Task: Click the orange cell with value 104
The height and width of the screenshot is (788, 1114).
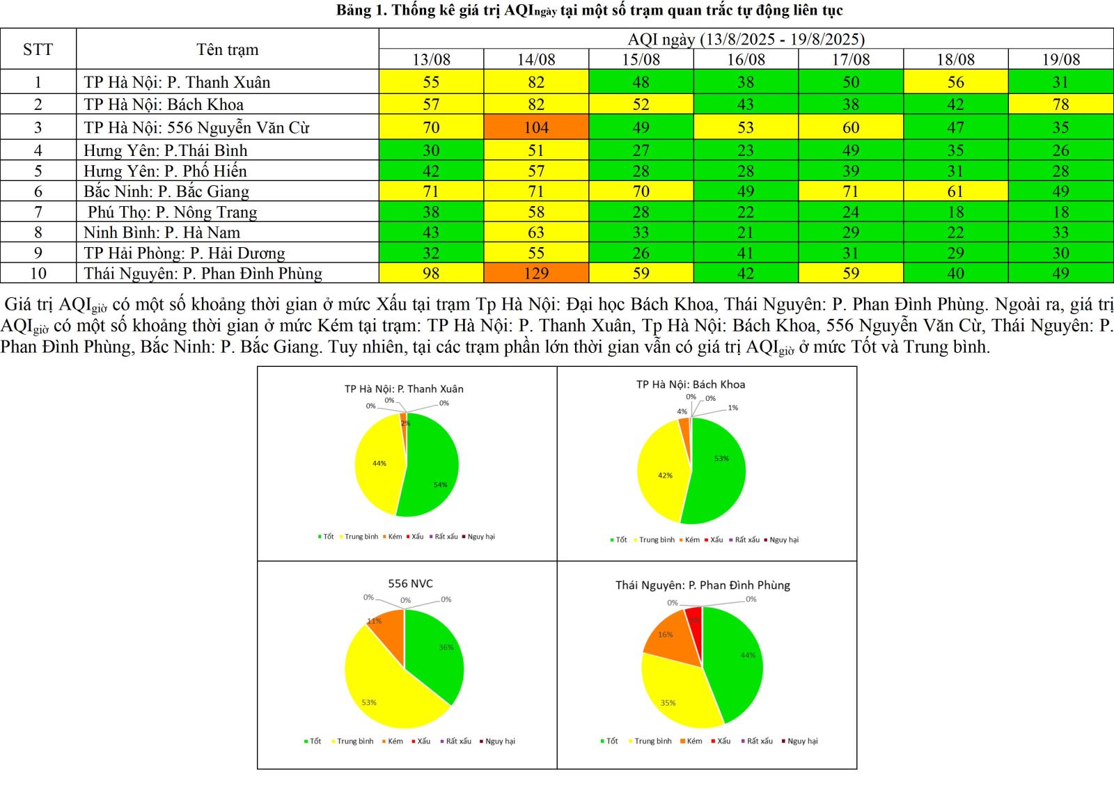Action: pos(536,127)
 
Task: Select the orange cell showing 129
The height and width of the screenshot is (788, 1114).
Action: pos(536,273)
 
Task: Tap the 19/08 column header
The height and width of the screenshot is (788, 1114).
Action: pos(1060,60)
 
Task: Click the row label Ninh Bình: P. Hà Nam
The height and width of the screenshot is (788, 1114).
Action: pos(162,233)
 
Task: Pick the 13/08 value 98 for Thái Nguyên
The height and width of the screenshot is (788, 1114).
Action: pos(431,273)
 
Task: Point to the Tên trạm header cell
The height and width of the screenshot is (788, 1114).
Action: pos(227,49)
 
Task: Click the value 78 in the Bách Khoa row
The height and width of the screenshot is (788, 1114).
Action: pos(1060,104)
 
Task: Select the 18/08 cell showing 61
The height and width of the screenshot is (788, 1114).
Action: pos(955,191)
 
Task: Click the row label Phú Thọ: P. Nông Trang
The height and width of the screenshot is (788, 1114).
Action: pos(172,212)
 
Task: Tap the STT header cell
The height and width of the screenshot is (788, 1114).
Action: pos(38,49)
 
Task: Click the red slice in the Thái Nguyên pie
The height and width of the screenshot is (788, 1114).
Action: pos(694,615)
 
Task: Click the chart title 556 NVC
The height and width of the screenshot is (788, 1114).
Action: pos(410,583)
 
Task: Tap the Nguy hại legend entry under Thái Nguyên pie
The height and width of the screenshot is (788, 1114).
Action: pos(802,741)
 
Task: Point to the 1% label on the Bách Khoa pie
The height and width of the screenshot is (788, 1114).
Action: pos(732,408)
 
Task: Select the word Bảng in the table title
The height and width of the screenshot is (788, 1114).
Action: pos(353,10)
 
